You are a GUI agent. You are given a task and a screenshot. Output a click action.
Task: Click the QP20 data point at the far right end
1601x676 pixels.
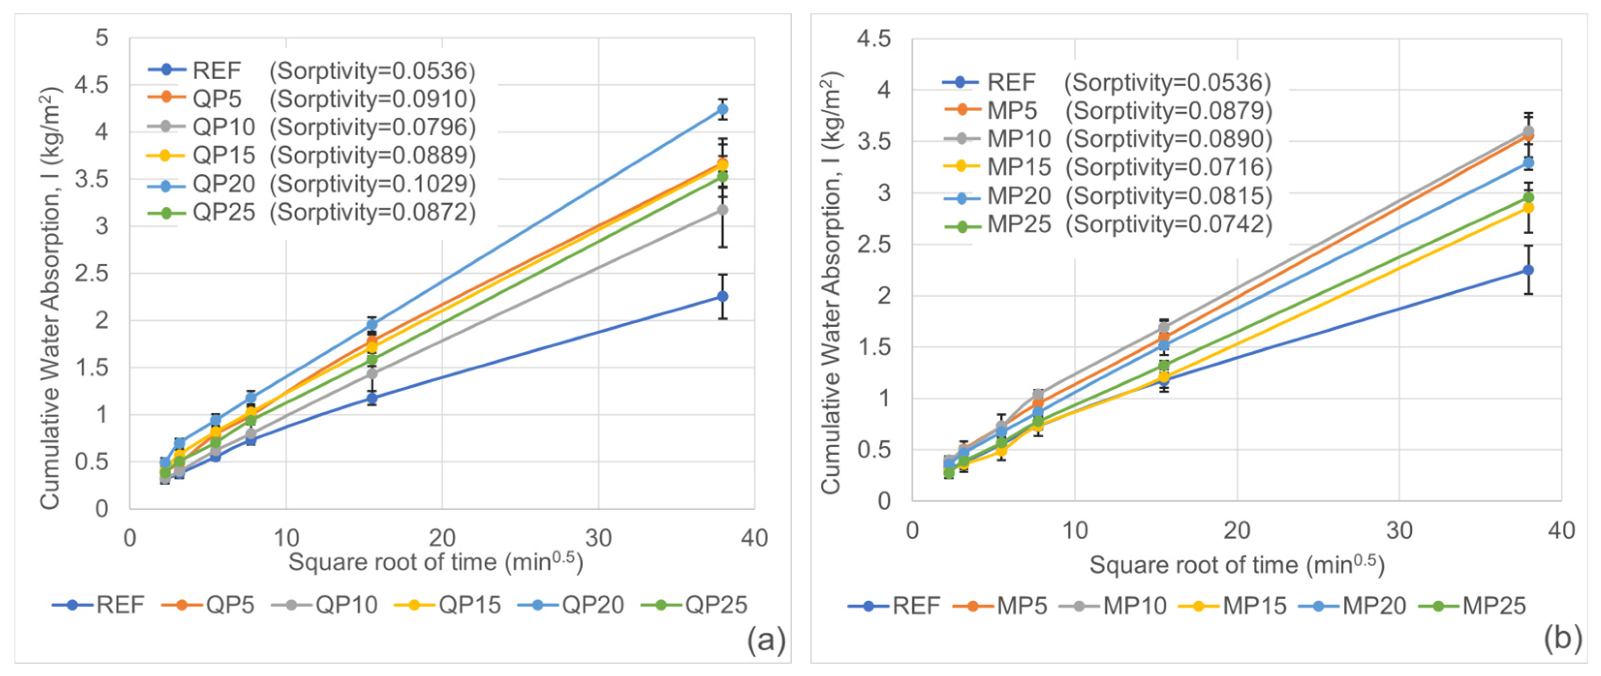pos(722,110)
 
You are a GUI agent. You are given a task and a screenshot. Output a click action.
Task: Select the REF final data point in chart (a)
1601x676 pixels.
pos(722,296)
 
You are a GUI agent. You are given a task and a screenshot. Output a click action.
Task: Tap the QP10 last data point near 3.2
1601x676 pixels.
pos(722,210)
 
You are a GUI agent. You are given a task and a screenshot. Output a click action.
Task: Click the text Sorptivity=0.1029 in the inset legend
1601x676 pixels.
pos(373,184)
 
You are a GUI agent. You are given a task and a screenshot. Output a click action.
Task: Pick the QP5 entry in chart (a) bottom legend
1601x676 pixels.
pos(209,604)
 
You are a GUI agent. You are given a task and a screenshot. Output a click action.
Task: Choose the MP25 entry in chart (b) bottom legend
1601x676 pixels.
pos(1474,605)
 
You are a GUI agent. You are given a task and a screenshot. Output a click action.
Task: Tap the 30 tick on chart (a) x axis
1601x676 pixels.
pos(599,538)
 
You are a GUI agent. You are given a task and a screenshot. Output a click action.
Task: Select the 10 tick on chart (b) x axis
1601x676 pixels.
pos(1074,530)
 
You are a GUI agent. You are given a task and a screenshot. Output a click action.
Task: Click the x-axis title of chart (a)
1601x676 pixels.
pos(436,562)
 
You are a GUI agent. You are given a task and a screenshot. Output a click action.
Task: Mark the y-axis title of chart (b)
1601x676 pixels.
pos(830,283)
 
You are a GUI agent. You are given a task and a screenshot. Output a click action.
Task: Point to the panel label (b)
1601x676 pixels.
pos(1562,639)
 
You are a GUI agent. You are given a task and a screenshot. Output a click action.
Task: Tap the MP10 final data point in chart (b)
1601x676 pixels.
pos(1528,131)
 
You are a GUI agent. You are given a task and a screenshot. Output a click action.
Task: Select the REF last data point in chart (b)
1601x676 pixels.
pos(1528,270)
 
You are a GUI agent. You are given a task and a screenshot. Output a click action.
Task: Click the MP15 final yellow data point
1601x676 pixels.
pos(1528,207)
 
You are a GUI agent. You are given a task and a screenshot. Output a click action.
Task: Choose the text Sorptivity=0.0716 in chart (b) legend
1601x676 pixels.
pos(1169,167)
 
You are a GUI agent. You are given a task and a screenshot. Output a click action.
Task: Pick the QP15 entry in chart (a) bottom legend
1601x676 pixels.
pos(449,604)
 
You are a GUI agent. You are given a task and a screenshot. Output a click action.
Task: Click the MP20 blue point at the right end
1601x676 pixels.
pos(1528,163)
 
